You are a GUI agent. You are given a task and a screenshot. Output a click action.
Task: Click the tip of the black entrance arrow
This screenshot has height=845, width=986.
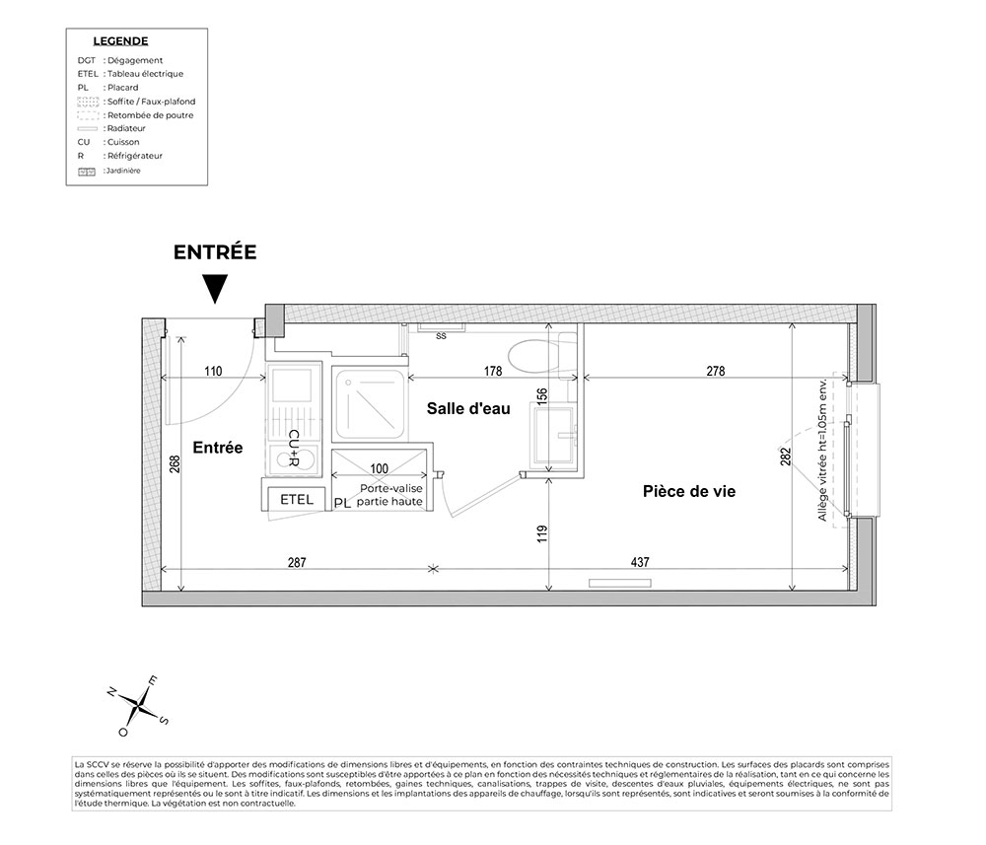point(216,304)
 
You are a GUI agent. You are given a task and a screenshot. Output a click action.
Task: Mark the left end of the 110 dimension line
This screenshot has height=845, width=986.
point(163,378)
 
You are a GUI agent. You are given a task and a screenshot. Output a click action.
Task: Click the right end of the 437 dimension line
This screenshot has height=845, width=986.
point(848,569)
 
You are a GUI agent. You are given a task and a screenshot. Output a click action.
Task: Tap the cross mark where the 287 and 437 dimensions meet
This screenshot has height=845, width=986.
point(433,569)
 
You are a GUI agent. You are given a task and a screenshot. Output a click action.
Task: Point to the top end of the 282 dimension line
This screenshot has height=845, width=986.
point(792,324)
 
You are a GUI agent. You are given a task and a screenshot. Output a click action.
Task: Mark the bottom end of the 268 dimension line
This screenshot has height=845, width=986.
point(181,591)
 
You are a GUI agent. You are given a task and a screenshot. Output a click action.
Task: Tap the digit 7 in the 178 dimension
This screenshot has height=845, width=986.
point(493,371)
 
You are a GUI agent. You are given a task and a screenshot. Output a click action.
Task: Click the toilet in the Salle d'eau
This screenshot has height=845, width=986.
point(540,355)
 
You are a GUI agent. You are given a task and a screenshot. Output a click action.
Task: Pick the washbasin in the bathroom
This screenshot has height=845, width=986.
point(553,437)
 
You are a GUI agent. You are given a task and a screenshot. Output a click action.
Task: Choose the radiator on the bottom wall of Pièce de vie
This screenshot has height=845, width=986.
point(620,584)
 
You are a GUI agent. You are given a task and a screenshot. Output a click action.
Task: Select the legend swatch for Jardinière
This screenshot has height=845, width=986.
point(87,171)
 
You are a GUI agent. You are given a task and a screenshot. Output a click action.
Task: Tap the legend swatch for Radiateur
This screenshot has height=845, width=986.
point(88,129)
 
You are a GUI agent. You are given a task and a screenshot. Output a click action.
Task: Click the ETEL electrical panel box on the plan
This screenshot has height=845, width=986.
point(296,499)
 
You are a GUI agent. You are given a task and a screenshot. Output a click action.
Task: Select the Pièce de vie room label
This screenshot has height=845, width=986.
point(688,491)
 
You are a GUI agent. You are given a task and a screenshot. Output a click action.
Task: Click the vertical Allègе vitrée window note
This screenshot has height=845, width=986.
point(822,449)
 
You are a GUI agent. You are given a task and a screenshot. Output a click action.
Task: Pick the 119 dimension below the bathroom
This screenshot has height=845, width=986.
point(542,533)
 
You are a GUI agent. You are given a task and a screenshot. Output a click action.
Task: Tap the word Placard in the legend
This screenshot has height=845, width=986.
point(122,88)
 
